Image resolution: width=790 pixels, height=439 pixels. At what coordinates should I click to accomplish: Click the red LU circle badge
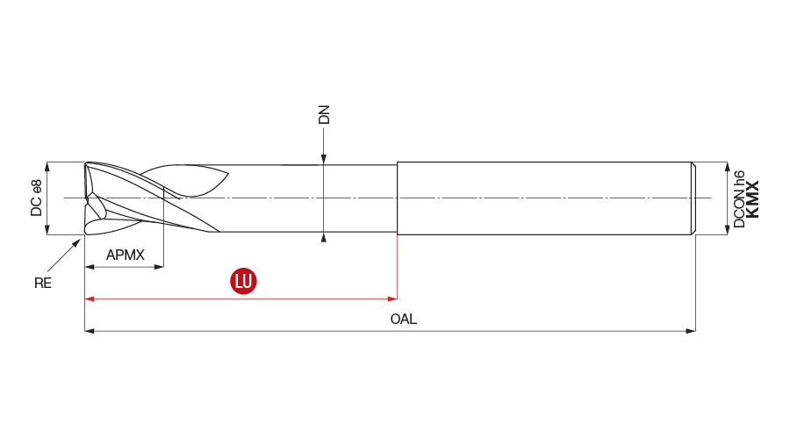[243, 281]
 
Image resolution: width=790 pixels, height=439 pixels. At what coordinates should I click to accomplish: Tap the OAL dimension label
[404, 319]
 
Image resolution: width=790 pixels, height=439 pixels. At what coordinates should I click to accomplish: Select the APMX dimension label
[125, 255]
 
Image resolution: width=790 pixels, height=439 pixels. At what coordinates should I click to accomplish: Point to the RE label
[43, 284]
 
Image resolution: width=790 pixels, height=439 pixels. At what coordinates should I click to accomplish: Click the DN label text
[324, 114]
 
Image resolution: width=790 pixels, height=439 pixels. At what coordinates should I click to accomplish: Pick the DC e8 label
[36, 198]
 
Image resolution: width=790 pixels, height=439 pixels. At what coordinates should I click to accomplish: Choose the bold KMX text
[752, 199]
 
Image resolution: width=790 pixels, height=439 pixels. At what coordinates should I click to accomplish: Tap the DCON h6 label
[738, 199]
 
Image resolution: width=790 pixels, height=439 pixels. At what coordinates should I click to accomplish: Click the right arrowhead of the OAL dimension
[691, 331]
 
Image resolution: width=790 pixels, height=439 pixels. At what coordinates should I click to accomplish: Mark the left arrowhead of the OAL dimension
[90, 331]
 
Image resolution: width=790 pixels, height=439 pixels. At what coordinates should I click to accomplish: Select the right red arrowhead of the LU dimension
[392, 299]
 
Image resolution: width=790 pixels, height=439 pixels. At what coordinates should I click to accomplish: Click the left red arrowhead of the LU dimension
[90, 299]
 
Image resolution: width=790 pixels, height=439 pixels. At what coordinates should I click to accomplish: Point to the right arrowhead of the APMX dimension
[159, 267]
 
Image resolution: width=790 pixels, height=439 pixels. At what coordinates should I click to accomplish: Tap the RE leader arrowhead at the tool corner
[77, 242]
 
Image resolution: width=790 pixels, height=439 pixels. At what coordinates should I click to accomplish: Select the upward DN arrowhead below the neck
[323, 237]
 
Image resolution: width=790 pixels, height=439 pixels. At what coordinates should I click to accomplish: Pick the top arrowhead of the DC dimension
[47, 167]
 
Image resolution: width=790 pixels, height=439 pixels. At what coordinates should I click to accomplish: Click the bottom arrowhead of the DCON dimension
[727, 230]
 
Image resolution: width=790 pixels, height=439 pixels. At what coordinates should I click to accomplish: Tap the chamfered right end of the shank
[693, 198]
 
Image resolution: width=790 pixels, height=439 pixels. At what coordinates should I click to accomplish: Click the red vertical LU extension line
[397, 267]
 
